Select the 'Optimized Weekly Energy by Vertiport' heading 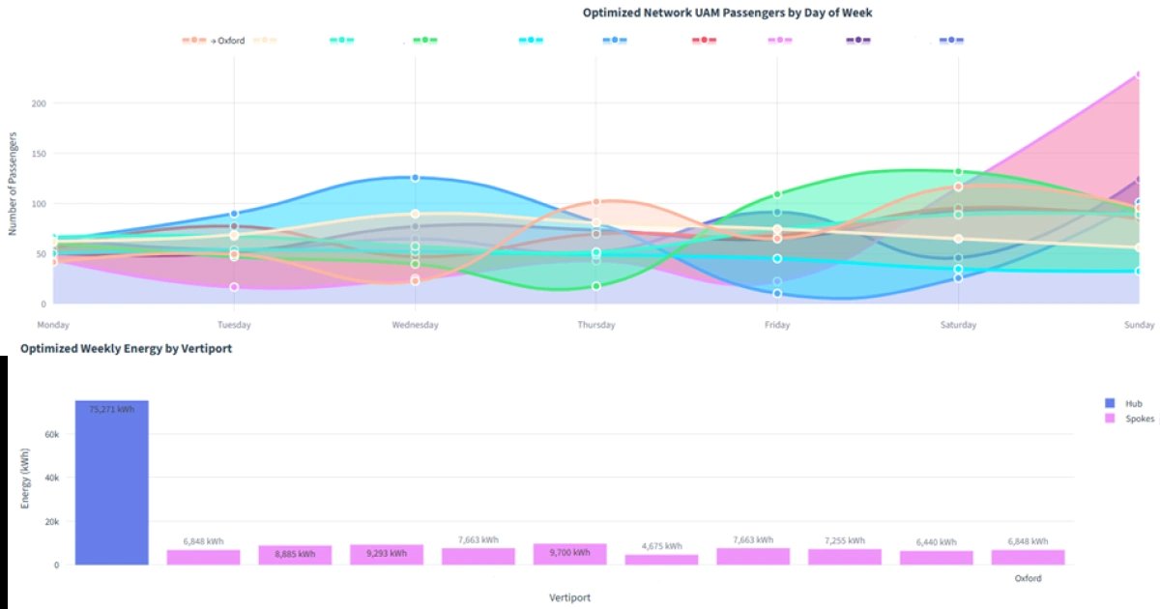pos(126,348)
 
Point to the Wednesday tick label pos(415,325)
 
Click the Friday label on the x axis pos(776,325)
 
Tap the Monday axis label pos(53,325)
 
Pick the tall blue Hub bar pos(111,482)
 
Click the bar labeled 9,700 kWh pos(569,554)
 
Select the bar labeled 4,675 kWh pos(661,560)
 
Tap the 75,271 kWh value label pos(111,410)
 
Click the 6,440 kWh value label pos(935,542)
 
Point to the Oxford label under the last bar pos(1028,578)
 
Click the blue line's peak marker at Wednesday pos(415,178)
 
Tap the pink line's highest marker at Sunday pos(1139,74)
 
